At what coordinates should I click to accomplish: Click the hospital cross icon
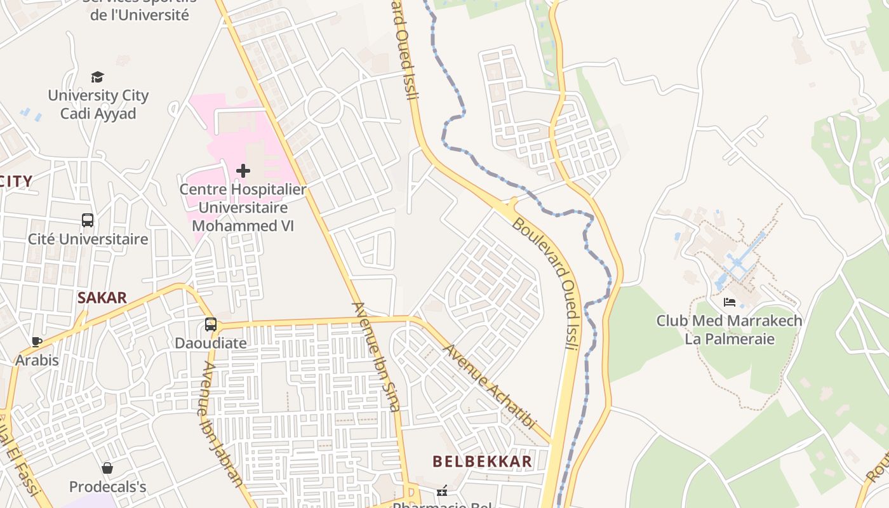tap(243, 171)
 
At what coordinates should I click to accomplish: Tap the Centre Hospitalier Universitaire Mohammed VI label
tap(243, 207)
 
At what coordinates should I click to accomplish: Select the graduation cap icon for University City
tap(97, 77)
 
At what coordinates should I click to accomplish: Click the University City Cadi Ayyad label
tap(98, 105)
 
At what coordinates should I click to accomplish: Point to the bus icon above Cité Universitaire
tap(88, 220)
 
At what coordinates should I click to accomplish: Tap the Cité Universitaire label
tap(88, 239)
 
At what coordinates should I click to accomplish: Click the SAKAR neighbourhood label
tap(102, 297)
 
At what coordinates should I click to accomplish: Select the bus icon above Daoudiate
tap(211, 324)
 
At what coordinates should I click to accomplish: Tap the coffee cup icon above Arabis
tap(37, 342)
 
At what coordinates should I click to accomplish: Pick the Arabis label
tap(37, 360)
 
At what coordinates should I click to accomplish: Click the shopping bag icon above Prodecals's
tap(107, 469)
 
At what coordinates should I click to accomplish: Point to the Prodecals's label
tap(107, 487)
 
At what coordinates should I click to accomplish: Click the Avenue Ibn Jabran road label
tap(222, 424)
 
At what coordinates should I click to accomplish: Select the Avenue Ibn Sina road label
tap(377, 356)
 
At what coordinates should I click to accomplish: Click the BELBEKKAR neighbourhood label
tap(482, 462)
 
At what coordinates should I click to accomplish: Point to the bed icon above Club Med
tap(730, 302)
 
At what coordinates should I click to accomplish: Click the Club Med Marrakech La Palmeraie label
tap(729, 330)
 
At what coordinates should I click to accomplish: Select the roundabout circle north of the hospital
tap(324, 107)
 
